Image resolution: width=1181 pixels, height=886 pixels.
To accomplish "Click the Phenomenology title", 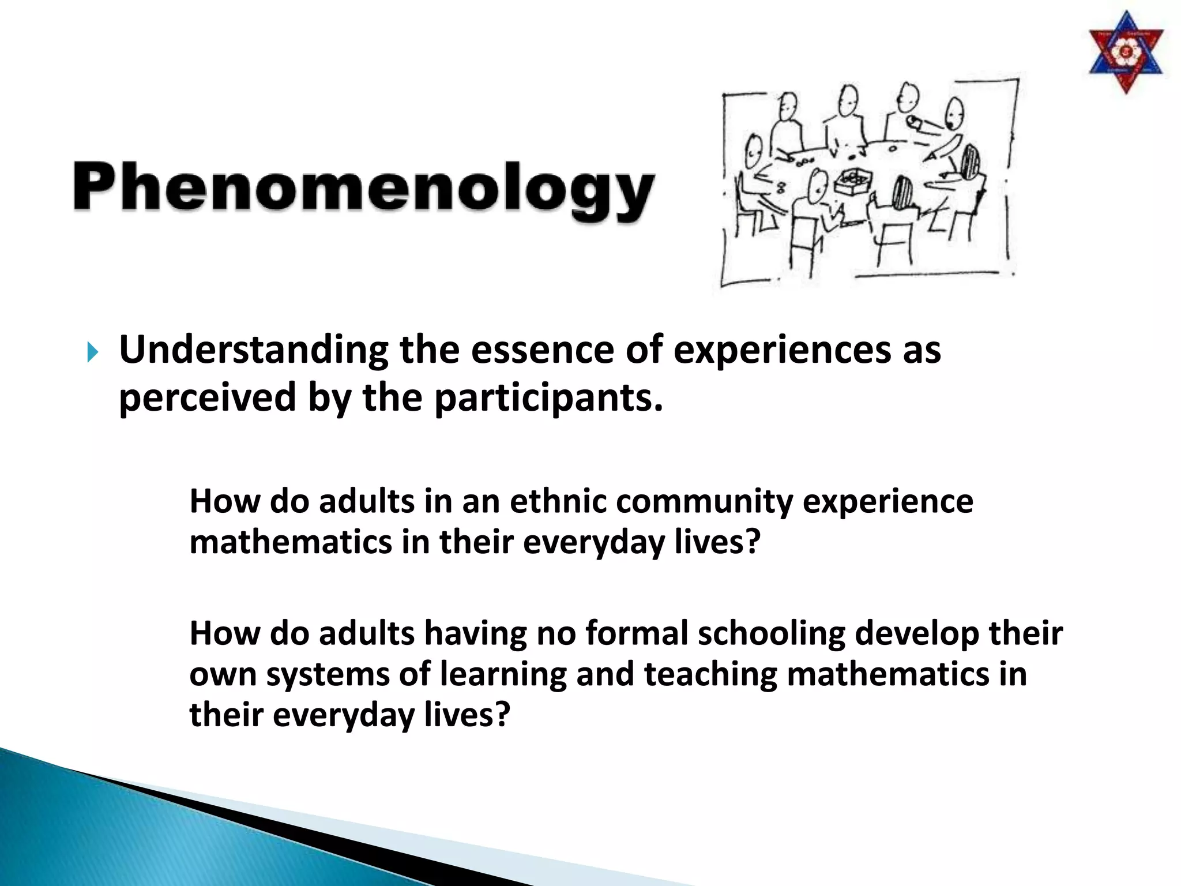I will tap(363, 187).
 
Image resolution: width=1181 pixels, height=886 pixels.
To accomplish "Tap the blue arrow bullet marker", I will tap(93, 352).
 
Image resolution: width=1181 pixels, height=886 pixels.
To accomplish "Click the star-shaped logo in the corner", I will tap(1125, 53).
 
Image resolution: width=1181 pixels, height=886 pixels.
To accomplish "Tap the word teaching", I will tap(710, 675).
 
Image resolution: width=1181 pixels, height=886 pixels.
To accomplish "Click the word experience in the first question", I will tap(887, 502).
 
